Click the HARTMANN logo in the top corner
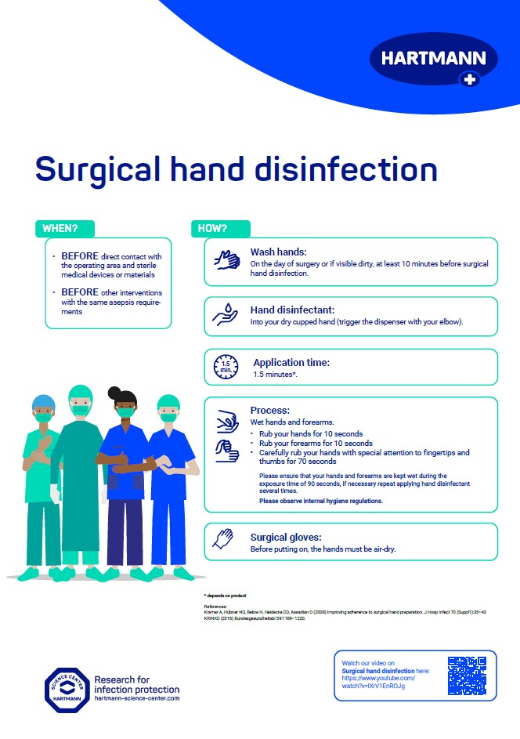pos(433,59)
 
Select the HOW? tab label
pos(211,229)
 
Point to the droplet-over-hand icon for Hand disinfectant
pos(226,314)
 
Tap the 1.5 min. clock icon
pos(226,366)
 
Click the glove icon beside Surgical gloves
pos(224,538)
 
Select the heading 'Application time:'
pos(291,363)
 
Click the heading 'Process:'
pos(270,411)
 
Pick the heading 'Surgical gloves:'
pos(286,538)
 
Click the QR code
pos(467,676)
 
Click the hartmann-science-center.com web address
pos(136,697)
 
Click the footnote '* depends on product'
pos(225,596)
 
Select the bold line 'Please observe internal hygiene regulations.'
pos(320,501)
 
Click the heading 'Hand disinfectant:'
pos(292,310)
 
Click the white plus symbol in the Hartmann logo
pos(469,78)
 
